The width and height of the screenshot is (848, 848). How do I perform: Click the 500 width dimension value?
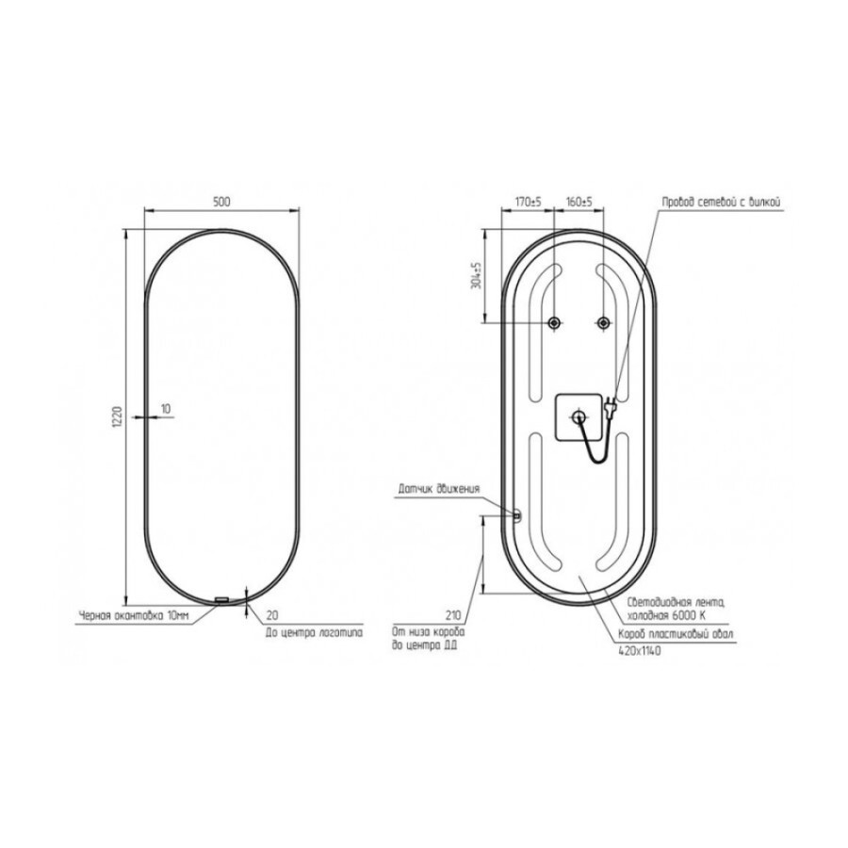pos(221,202)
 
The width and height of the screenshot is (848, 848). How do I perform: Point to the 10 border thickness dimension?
pos(166,409)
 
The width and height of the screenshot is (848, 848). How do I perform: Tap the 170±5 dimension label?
pos(528,202)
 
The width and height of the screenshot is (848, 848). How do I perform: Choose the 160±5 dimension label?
pos(579,202)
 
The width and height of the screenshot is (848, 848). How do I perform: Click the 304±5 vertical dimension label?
pos(477,275)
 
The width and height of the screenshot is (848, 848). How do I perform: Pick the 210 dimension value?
pos(453,615)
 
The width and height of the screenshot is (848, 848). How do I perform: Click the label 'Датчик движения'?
pos(438,489)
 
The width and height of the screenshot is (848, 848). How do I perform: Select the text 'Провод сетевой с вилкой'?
pos(722,203)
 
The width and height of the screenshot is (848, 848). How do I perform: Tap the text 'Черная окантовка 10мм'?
pos(134,615)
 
